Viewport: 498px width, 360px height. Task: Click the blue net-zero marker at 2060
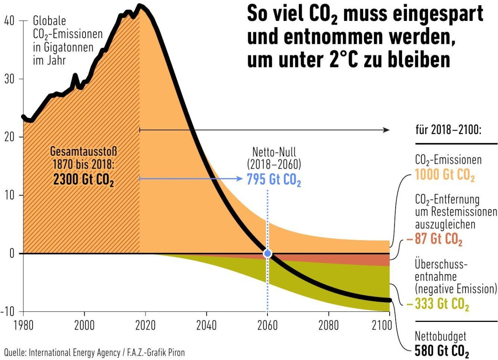(x=267, y=254)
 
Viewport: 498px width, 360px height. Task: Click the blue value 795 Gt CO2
(x=274, y=180)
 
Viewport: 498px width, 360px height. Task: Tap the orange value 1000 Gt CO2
(x=445, y=176)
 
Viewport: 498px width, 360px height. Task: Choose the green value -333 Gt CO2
(x=437, y=305)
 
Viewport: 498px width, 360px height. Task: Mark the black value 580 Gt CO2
(x=442, y=352)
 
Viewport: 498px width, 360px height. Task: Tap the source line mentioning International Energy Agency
(x=94, y=352)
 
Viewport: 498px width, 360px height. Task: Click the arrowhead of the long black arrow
(x=386, y=130)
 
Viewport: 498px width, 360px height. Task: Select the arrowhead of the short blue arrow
(x=240, y=179)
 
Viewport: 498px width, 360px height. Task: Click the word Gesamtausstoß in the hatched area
(x=84, y=153)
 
